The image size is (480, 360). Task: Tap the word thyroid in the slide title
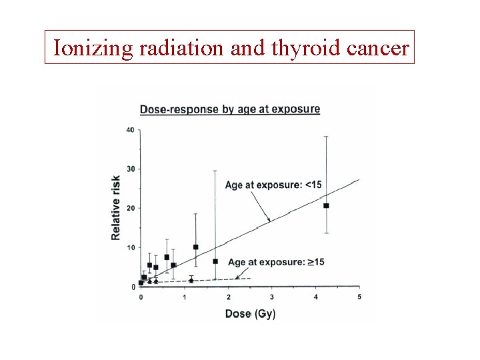[x=303, y=48]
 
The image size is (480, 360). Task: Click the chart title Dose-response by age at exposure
[x=229, y=109]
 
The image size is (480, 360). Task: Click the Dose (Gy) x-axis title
[x=250, y=313]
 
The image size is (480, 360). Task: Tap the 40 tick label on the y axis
[x=130, y=129]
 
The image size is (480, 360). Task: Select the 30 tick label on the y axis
[x=130, y=169]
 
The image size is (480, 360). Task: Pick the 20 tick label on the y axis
[x=130, y=208]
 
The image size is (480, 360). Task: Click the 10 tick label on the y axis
[x=130, y=247]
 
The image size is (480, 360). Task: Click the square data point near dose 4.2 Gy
[x=326, y=205]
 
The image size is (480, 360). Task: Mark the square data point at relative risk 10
[x=195, y=247]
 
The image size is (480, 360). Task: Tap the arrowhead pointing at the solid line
[x=268, y=219]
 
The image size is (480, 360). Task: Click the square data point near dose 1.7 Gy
[x=215, y=261]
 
